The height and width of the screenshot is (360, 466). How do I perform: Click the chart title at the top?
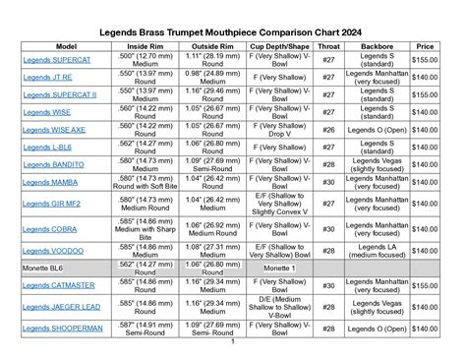(232, 31)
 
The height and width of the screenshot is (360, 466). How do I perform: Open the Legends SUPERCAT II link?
(60, 94)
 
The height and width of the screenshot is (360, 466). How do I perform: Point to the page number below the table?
(232, 343)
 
